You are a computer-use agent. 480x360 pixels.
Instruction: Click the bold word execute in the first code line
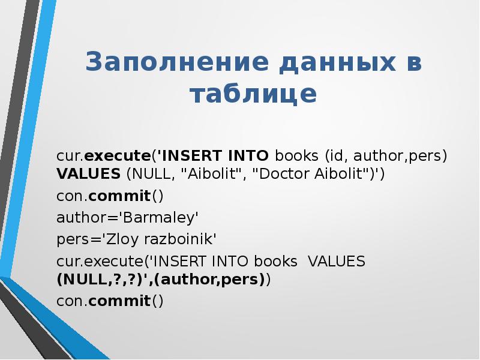coord(117,156)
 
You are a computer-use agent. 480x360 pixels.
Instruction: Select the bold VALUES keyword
coord(89,174)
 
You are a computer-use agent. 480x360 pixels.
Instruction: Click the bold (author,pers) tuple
coord(203,280)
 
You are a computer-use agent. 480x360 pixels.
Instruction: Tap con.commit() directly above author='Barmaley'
coord(110,196)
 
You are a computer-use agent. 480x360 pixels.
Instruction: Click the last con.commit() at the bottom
coord(110,301)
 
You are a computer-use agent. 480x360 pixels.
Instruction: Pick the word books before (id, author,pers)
coord(298,156)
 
